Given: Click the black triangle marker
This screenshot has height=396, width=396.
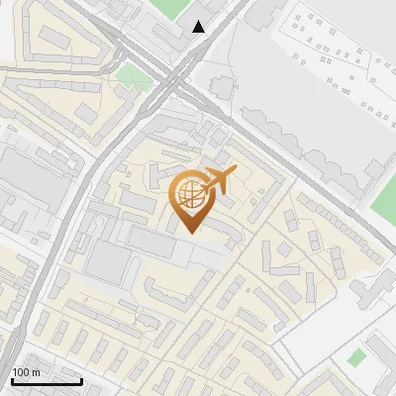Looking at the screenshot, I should click(x=200, y=27).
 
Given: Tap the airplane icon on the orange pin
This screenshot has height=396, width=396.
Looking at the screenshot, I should click(x=219, y=181).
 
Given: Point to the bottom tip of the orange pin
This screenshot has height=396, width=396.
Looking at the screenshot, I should click(x=189, y=232).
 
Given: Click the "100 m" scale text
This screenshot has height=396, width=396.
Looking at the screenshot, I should click(x=26, y=372).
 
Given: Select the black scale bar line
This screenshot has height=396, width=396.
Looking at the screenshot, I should click(x=47, y=381).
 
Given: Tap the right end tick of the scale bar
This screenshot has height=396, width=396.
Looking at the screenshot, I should click(x=81, y=379).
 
